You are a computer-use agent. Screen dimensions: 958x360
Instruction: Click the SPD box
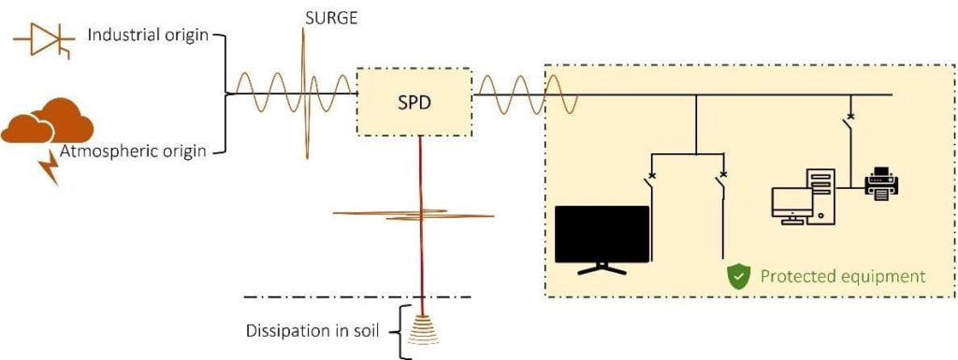point(414,101)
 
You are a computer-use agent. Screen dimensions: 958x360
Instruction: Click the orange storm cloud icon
point(49,122)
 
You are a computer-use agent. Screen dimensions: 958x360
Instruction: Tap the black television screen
point(602,234)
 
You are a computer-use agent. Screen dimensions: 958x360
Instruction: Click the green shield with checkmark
point(740,276)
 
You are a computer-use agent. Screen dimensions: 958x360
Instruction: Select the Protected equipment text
point(842,277)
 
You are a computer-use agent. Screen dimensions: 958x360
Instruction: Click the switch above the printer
point(850,130)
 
